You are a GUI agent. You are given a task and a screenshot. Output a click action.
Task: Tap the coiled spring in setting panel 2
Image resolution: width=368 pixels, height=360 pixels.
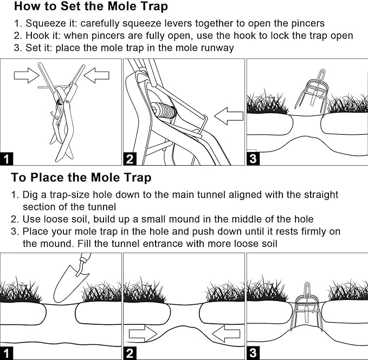[164, 110]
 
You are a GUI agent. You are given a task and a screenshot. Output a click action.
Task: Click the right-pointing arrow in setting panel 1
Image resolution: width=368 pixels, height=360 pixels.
[27, 75]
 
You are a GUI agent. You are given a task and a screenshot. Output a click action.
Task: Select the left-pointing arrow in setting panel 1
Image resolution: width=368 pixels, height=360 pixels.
[96, 75]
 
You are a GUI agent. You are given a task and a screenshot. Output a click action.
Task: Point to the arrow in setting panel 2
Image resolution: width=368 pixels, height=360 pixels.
[229, 116]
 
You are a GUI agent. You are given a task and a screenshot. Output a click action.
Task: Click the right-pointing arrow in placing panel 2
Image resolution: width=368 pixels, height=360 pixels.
[143, 333]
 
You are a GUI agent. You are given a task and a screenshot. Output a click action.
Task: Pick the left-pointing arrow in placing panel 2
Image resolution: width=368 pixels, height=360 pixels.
[226, 333]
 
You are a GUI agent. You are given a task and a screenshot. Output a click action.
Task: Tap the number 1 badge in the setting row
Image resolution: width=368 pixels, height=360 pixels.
[7, 159]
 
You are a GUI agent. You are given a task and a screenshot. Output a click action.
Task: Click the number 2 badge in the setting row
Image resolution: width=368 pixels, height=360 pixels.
[130, 159]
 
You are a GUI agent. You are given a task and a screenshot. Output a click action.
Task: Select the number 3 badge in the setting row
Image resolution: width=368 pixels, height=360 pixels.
[253, 159]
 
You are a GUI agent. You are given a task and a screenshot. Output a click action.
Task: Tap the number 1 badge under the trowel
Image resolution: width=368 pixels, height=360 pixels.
[7, 353]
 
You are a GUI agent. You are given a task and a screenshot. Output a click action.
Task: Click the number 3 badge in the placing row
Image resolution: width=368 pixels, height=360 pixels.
[253, 353]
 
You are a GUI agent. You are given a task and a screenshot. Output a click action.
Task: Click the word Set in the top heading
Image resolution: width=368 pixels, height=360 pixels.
[71, 6]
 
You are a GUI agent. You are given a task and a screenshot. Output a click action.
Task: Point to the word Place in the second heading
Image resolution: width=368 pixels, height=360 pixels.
[47, 178]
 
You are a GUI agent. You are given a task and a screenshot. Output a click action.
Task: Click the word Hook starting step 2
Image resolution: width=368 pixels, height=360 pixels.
[35, 36]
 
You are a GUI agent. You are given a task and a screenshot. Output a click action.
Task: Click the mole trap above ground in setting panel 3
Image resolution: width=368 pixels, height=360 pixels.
[312, 91]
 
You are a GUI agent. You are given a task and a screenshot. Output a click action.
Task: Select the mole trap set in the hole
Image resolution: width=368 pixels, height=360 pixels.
[307, 306]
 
